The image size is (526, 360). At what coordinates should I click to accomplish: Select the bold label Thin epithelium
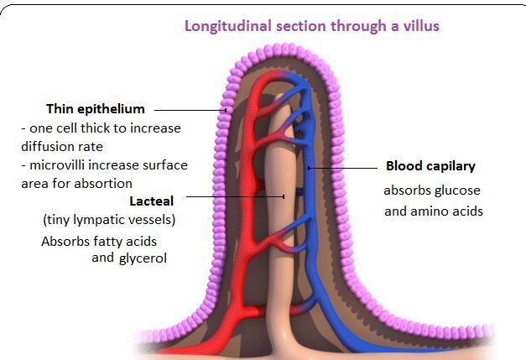point(95,109)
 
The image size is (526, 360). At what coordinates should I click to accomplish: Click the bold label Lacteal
point(153,201)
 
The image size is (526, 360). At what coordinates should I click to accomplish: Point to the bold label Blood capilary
point(430,166)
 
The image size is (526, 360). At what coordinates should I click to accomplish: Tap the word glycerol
point(142,258)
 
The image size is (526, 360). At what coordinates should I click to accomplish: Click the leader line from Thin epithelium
point(189,109)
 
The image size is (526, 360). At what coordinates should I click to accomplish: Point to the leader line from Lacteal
point(235,196)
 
